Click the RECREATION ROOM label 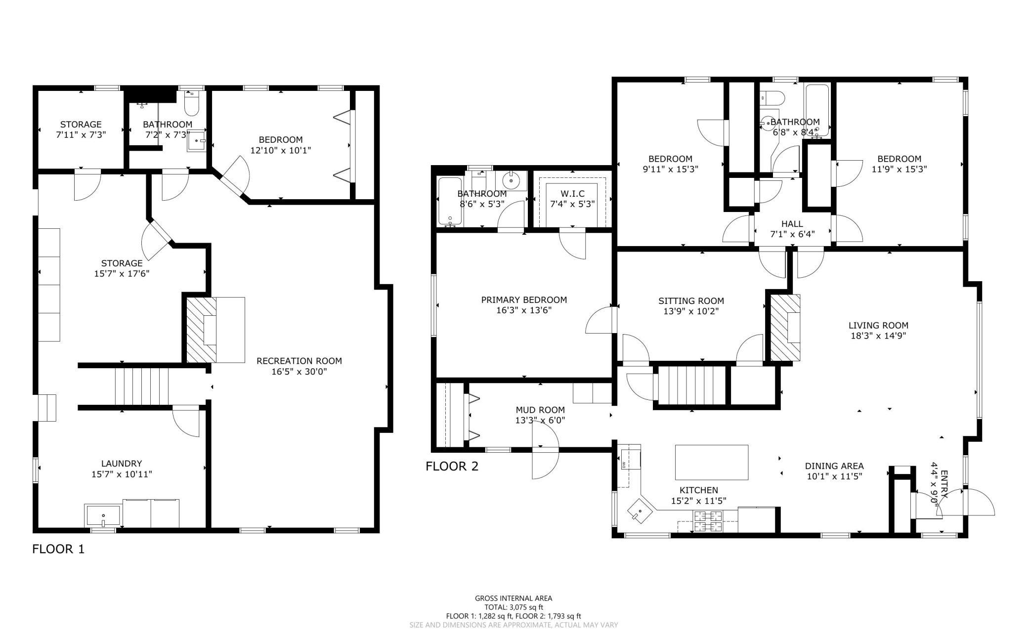coord(299,361)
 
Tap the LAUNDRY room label coord(122,464)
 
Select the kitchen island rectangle coord(712,462)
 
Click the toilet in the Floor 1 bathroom coord(191,102)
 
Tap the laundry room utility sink coord(103,515)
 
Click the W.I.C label coord(572,193)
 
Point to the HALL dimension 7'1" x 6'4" coord(792,234)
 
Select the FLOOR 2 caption coord(452,466)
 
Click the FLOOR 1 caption coord(58,549)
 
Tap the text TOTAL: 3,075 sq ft coord(514,607)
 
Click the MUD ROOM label coord(540,410)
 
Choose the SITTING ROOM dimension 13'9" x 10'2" coord(691,311)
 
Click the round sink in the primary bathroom coord(512,180)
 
